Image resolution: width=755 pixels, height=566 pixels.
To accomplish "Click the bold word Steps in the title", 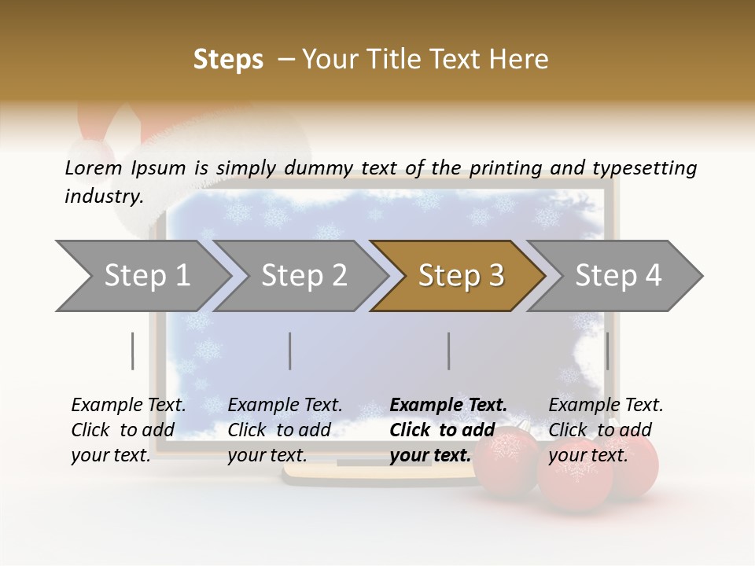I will click(x=228, y=59).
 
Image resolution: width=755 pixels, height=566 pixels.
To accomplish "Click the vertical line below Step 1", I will click(x=133, y=351).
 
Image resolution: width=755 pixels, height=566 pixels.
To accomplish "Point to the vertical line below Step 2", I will click(x=290, y=351).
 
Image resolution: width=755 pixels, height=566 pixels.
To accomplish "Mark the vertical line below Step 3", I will click(x=448, y=351).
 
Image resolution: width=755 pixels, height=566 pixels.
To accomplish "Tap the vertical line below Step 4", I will click(x=607, y=351).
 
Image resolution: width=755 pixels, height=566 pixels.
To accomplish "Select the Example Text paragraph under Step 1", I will click(x=128, y=429).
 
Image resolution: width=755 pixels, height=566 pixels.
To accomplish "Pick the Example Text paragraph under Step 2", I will click(x=285, y=429).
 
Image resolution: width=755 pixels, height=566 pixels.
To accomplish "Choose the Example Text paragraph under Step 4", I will click(x=606, y=429).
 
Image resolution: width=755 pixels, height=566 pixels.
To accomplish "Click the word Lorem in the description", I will click(x=94, y=167).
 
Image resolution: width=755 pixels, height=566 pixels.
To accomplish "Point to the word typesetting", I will click(x=644, y=168).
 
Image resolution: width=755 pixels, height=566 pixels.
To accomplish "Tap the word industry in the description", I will click(x=102, y=196).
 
